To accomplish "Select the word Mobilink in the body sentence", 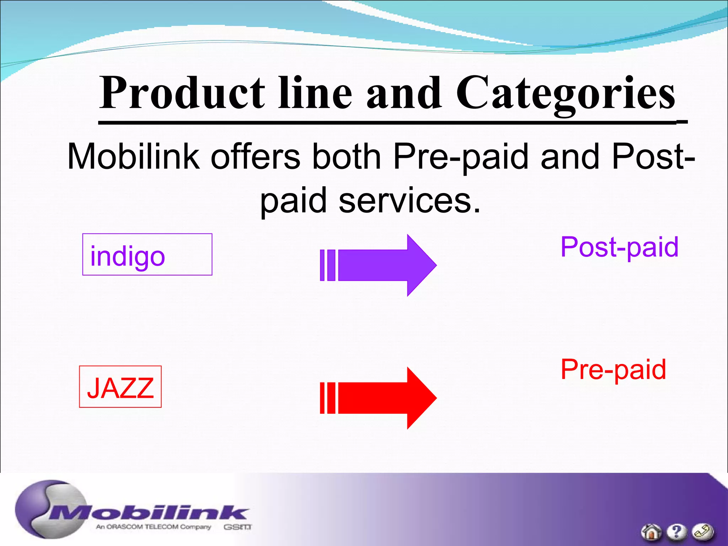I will click(133, 156).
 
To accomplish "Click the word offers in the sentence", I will click(256, 156).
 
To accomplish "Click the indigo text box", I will click(147, 255).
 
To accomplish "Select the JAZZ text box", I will click(120, 387).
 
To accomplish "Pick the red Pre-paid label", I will click(613, 370).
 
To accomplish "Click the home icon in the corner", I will click(651, 532).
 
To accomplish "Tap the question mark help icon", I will click(676, 532).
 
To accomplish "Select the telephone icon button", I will click(702, 532).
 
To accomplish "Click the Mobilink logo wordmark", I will click(149, 513).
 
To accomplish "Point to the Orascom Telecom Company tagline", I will click(154, 527).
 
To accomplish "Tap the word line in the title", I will click(315, 93).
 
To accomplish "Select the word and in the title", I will click(404, 93).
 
